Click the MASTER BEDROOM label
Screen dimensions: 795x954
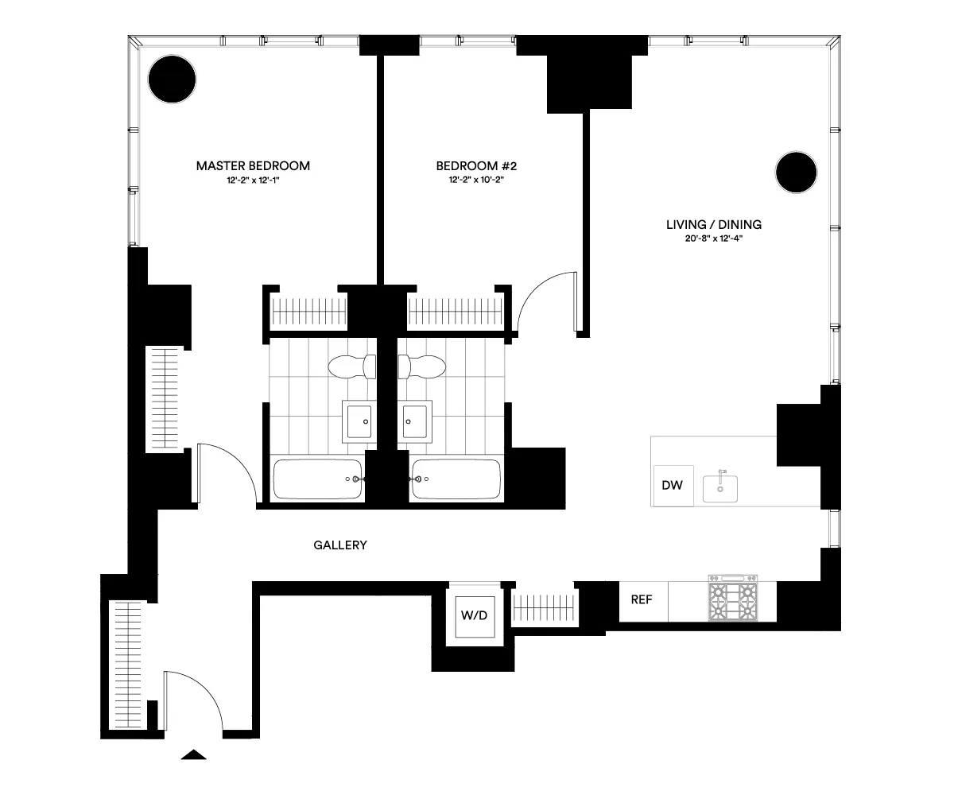coord(253,166)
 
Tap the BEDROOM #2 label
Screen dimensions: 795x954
coord(476,166)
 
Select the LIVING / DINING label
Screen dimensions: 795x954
coord(708,225)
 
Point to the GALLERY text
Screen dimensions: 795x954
coord(339,545)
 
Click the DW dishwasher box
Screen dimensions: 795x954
coord(673,485)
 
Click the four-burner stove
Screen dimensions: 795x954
coord(733,600)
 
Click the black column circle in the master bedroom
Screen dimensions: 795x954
coord(172,79)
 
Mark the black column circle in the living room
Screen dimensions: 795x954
coord(796,173)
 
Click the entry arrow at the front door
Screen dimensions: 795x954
coord(193,754)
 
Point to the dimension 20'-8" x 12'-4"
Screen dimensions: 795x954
coord(708,238)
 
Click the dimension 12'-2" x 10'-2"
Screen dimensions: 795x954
coord(476,180)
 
